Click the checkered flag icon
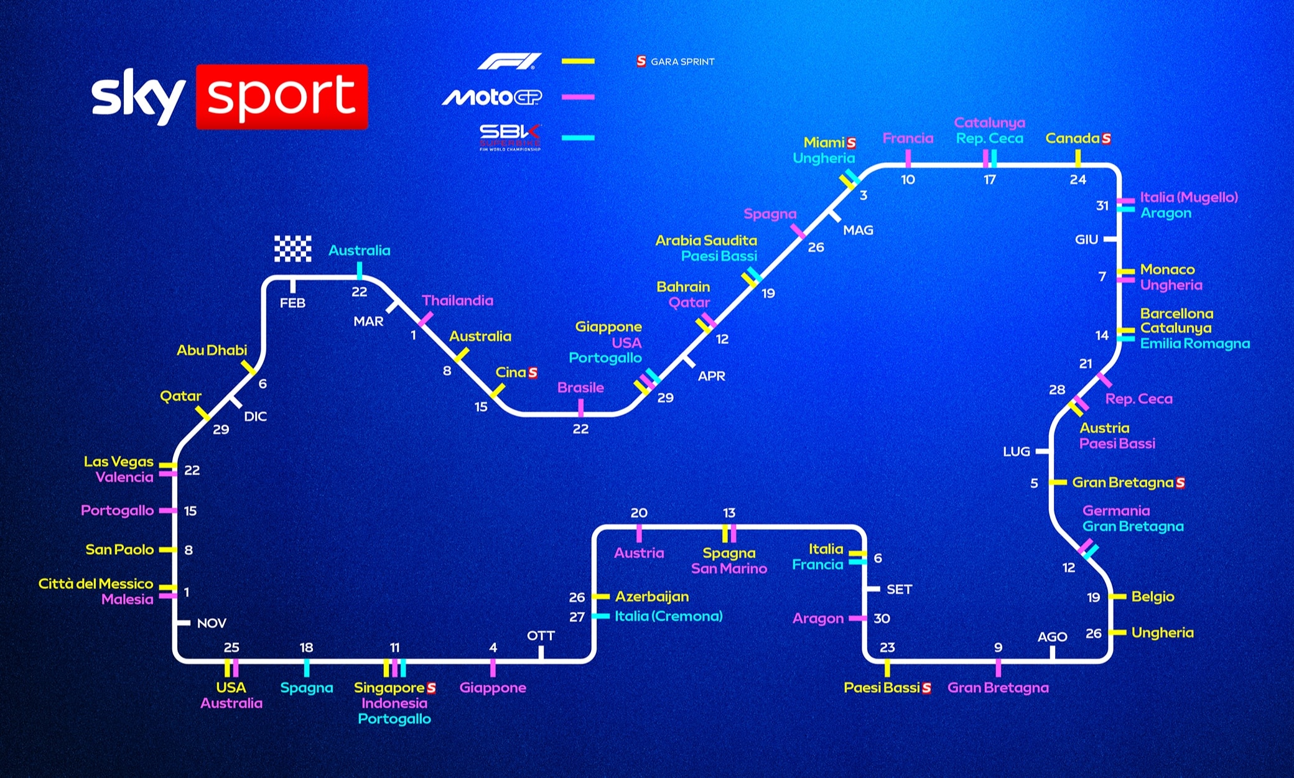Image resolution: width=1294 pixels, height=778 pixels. click(x=293, y=249)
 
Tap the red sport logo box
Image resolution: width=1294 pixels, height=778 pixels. click(x=282, y=96)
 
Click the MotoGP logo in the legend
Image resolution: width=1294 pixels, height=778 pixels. click(x=491, y=97)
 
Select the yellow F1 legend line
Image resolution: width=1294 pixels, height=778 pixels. click(x=578, y=61)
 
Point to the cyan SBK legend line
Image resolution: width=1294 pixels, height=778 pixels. click(x=578, y=137)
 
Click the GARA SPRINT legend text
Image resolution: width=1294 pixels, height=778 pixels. click(x=682, y=62)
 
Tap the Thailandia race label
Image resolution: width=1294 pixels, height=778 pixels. click(x=457, y=300)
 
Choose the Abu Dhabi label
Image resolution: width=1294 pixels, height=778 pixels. click(x=212, y=350)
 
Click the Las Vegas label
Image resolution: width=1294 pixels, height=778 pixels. click(x=118, y=461)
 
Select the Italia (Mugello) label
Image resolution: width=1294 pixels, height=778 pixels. click(x=1188, y=197)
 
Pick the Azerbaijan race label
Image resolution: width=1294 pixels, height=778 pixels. click(x=651, y=596)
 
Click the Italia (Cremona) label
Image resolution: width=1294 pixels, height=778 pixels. click(x=668, y=616)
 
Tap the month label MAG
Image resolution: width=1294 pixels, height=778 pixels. click(x=858, y=230)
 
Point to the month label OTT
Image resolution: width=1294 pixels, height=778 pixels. click(x=541, y=636)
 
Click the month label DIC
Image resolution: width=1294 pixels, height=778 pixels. click(x=255, y=416)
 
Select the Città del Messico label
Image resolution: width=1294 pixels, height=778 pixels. click(x=96, y=583)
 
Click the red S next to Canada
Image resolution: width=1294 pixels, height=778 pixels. click(x=1106, y=138)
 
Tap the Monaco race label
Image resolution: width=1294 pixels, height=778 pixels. click(x=1167, y=269)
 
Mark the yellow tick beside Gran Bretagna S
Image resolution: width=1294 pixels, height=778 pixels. click(x=1058, y=483)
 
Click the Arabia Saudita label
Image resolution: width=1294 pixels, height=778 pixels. click(x=705, y=240)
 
